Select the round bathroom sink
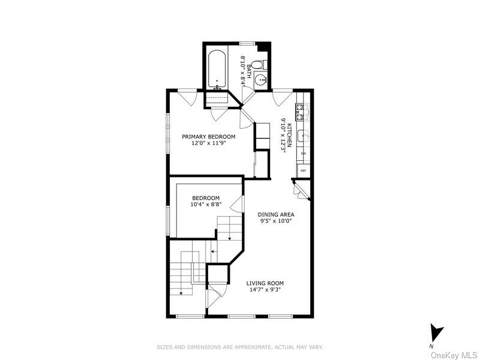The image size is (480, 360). click(x=261, y=79)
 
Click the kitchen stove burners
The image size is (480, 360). click(x=301, y=112)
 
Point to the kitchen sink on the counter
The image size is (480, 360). click(x=304, y=136)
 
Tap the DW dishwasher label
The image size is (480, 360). click(x=304, y=154)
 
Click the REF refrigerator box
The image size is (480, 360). click(x=303, y=171)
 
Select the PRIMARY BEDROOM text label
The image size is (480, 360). click(x=209, y=137)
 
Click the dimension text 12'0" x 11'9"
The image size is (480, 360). click(x=209, y=144)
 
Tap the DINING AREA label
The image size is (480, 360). click(x=275, y=214)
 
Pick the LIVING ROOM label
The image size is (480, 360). click(x=265, y=283)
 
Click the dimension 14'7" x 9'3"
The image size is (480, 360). click(x=265, y=290)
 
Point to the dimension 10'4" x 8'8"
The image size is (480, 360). click(x=206, y=205)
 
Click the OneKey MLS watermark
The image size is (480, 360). click(x=453, y=355)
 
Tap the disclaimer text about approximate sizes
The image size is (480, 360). click(x=240, y=347)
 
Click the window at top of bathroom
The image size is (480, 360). click(x=247, y=43)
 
